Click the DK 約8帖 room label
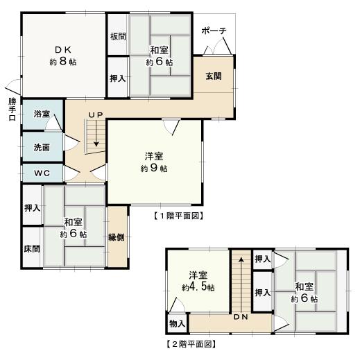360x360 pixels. click(63, 55)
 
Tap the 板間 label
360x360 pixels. click(117, 37)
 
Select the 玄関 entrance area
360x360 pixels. click(213, 76)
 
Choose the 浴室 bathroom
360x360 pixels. click(42, 113)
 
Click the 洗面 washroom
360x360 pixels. click(41, 147)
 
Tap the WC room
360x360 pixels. click(41, 172)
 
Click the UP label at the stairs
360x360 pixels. click(96, 114)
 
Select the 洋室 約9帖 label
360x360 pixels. click(154, 162)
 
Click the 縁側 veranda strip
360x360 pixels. click(117, 237)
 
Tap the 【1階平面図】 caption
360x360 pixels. click(177, 216)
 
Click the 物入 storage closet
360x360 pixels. click(177, 324)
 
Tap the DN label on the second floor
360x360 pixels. click(241, 318)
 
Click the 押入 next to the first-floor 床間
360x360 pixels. click(32, 207)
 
